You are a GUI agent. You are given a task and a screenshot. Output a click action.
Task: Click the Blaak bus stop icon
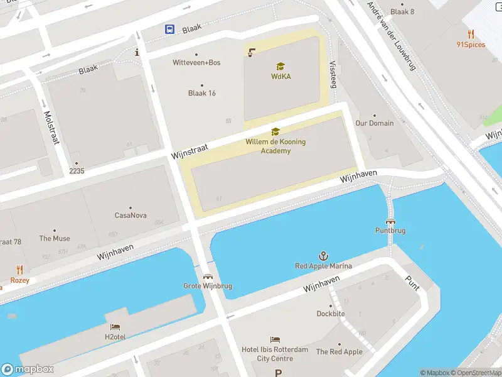tap(170, 29)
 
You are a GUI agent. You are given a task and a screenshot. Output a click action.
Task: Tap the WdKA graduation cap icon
tap(280, 66)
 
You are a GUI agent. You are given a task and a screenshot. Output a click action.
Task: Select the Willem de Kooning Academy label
tap(275, 146)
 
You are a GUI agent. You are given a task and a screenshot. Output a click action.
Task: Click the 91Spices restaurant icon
tap(471, 34)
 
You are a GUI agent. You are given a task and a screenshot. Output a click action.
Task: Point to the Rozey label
tap(19, 280)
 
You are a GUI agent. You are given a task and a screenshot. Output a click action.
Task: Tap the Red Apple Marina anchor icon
tap(324, 256)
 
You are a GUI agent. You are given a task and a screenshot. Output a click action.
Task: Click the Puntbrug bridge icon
tap(391, 221)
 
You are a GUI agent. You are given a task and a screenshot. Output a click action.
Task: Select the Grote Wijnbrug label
tap(208, 286)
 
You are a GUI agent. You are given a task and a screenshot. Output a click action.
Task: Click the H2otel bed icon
tap(115, 327)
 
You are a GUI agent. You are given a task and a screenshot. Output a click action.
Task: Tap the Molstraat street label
tap(51, 128)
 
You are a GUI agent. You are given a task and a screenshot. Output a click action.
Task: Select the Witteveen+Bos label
tap(196, 62)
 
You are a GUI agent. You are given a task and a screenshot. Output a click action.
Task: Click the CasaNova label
tap(131, 216)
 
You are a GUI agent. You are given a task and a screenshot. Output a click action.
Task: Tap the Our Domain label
tap(375, 123)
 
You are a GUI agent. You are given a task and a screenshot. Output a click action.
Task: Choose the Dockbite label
tap(331, 314)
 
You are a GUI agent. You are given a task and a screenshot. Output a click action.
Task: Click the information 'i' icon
tap(137, 53)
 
